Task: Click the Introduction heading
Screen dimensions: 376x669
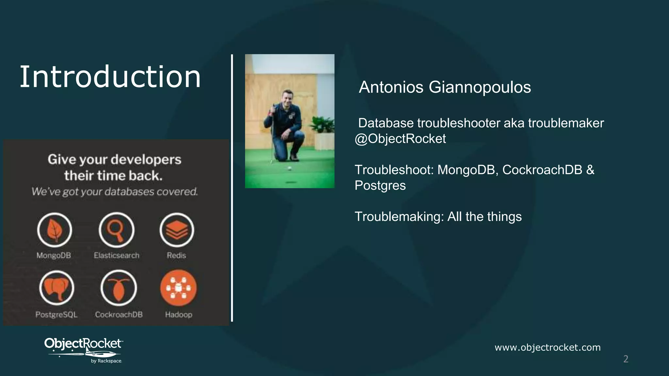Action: coord(110,77)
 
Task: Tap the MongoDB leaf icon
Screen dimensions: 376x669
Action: coord(54,230)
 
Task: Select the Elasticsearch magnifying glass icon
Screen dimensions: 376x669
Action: coord(116,230)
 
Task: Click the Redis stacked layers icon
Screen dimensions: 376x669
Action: coord(177,230)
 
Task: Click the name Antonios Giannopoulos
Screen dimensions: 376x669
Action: coord(445,87)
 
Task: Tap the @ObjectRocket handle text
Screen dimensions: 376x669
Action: coord(400,139)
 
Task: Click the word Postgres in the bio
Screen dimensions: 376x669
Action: coord(380,185)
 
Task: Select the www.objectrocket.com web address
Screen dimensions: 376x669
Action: coord(547,347)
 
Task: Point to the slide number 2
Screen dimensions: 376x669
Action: coord(626,359)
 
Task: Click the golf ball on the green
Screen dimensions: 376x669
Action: coord(289,168)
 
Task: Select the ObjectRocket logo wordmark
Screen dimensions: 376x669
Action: coord(83,343)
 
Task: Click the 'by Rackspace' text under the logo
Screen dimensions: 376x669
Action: coord(106,361)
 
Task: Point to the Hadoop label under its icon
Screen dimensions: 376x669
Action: coord(178,315)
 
